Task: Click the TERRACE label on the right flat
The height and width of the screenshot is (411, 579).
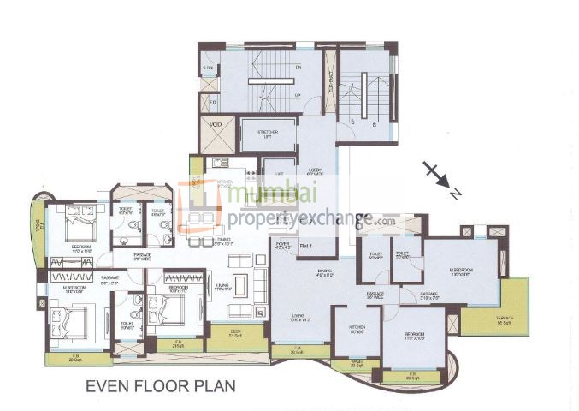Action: click(x=505, y=321)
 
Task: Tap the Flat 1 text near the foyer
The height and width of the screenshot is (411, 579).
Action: click(x=305, y=246)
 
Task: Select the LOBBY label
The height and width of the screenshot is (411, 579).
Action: click(x=311, y=170)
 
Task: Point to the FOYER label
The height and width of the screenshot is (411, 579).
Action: click(x=282, y=246)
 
